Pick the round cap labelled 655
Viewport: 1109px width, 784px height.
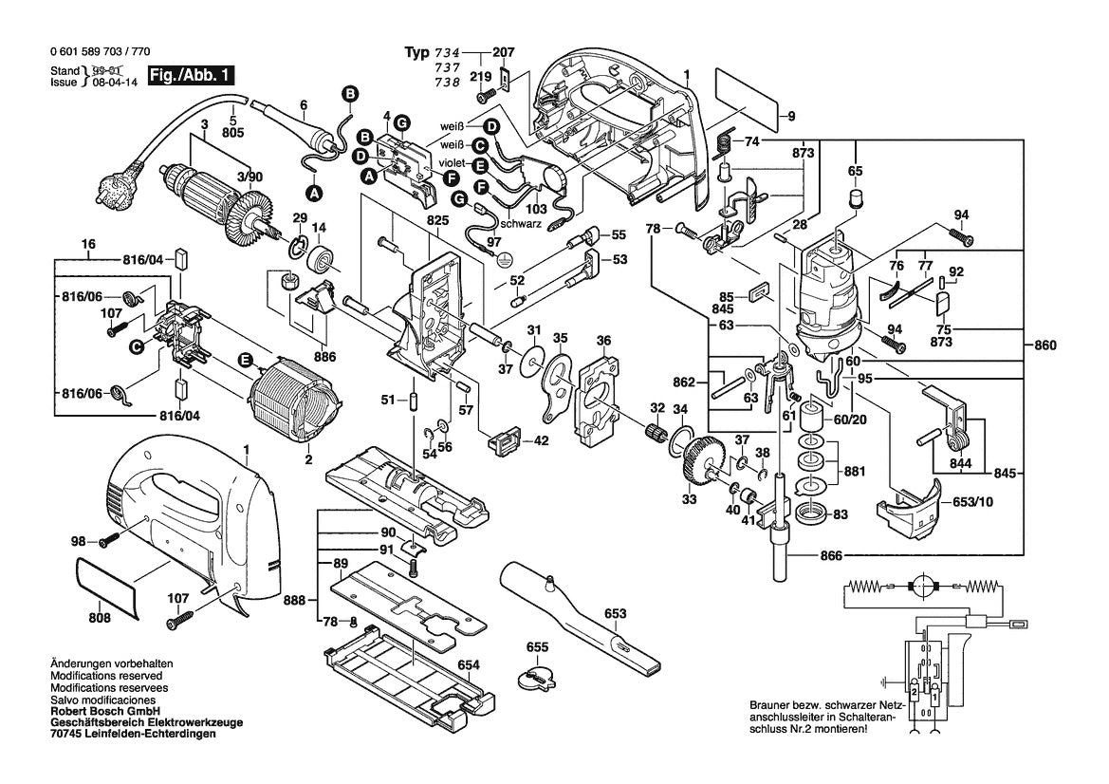537,678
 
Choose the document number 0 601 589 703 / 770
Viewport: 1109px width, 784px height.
97,53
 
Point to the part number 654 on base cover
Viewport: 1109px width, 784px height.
469,665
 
